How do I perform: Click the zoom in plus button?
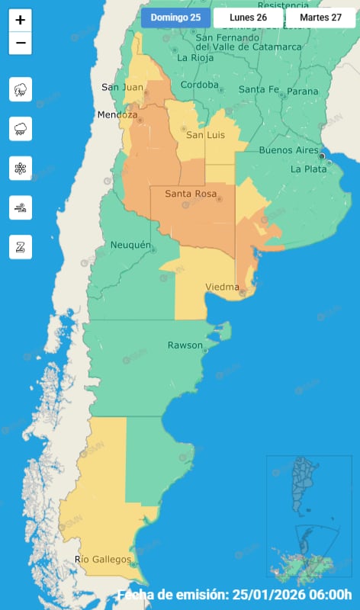click(21, 20)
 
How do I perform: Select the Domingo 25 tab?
click(175, 18)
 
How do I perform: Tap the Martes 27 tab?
click(320, 18)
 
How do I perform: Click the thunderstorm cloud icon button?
click(21, 90)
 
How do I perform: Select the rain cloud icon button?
click(21, 129)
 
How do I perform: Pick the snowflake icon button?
click(21, 168)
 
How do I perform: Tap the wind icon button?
click(21, 207)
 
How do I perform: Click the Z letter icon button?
click(21, 246)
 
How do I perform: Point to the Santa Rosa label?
click(188, 194)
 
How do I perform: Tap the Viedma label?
click(223, 287)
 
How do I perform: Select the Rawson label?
click(185, 345)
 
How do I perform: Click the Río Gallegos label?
click(102, 560)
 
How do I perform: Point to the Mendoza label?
click(117, 115)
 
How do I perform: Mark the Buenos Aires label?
click(288, 150)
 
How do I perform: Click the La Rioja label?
click(194, 57)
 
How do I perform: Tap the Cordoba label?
click(201, 85)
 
